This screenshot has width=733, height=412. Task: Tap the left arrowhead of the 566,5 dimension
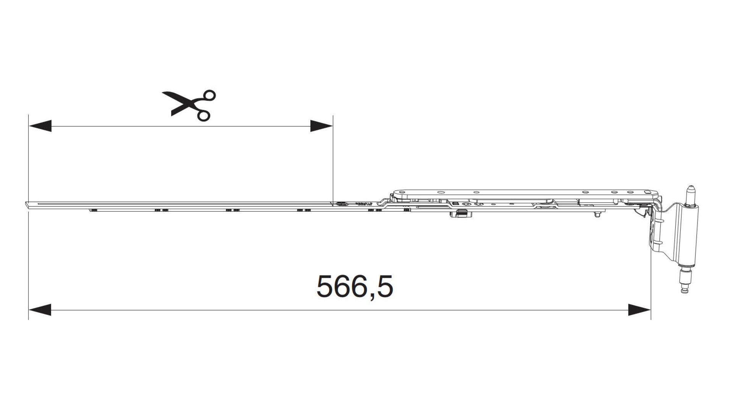pyautogui.click(x=40, y=310)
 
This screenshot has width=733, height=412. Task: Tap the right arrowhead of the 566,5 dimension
pyautogui.click(x=639, y=310)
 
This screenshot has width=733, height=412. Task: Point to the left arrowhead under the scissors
pyautogui.click(x=40, y=126)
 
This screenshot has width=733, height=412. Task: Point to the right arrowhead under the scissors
pyautogui.click(x=321, y=126)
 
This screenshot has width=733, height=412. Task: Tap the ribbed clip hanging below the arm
pyautogui.click(x=462, y=214)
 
